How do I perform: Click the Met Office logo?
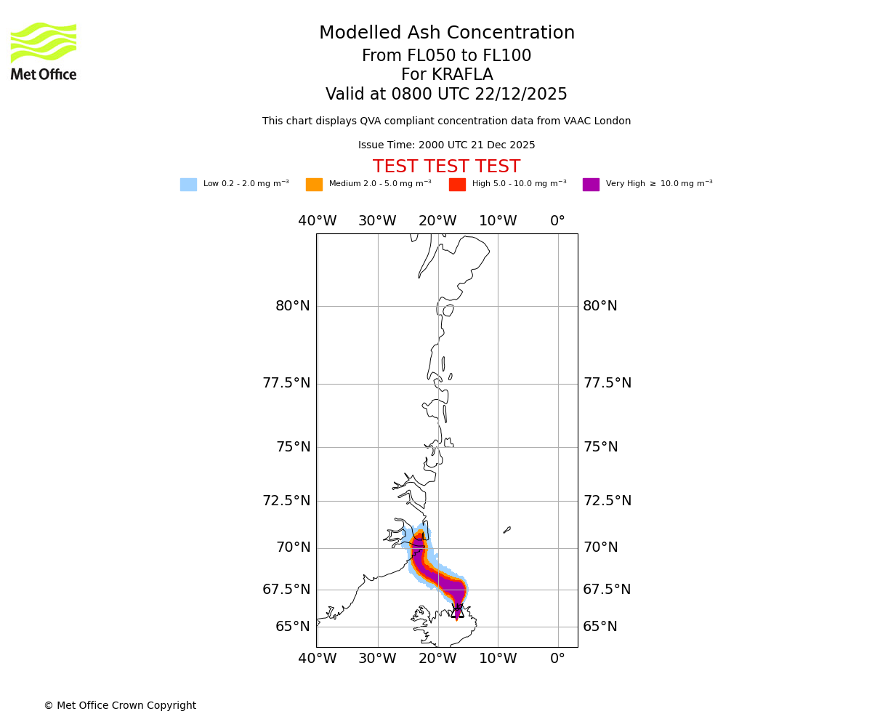[x=44, y=51]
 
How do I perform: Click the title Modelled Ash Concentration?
[x=447, y=33]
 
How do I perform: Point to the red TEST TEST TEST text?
[x=446, y=167]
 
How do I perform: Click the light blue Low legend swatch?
[x=188, y=185]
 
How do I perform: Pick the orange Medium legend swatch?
[x=314, y=185]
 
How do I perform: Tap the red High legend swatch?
[x=457, y=185]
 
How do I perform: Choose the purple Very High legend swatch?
[x=591, y=185]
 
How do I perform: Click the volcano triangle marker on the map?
[x=457, y=611]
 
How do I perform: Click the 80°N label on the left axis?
[x=293, y=306]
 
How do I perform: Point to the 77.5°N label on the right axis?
[x=607, y=383]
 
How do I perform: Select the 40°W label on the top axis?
[x=318, y=221]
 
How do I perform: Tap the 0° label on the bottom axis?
[x=557, y=659]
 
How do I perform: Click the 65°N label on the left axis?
[x=293, y=627]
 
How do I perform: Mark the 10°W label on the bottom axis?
[x=498, y=659]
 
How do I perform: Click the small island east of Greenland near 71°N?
[x=507, y=530]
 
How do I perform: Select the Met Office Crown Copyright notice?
[x=120, y=705]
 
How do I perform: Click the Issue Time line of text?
[x=446, y=145]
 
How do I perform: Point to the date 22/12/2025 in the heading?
[x=521, y=95]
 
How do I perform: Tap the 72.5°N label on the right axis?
[x=607, y=501]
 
